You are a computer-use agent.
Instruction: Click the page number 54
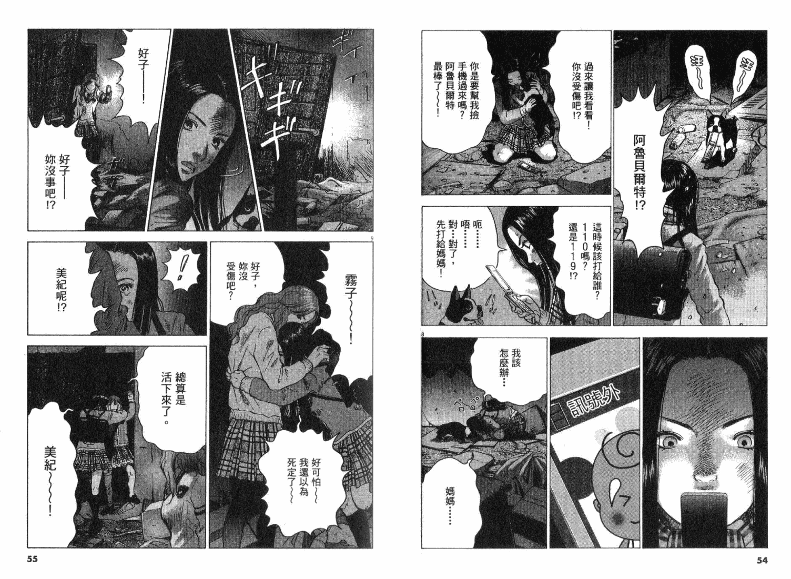762,560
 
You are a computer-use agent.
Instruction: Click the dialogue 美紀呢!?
61,290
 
